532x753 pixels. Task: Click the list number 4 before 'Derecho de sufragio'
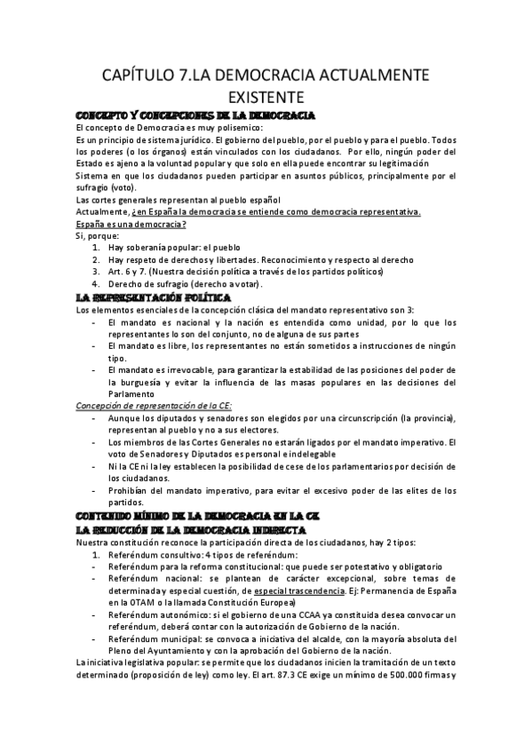pos(97,284)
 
